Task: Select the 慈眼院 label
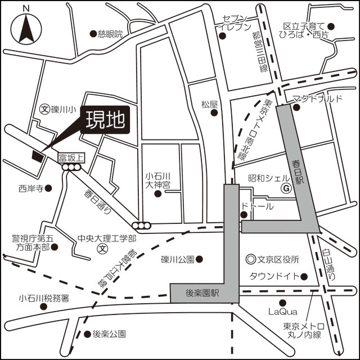[x=110, y=34]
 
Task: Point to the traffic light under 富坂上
[x=72, y=167]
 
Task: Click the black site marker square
[x=38, y=156]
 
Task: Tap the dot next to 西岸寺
[x=48, y=188]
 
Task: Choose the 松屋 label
[x=209, y=103]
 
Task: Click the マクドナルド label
[x=318, y=99]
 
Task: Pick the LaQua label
[x=280, y=311]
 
